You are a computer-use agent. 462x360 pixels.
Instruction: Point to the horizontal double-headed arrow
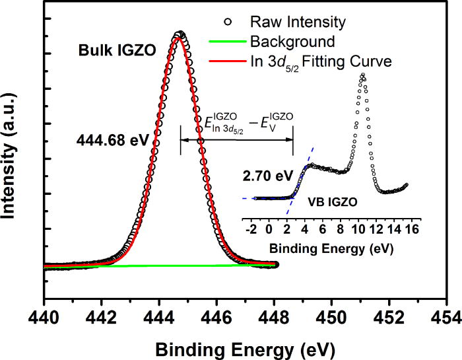point(237,139)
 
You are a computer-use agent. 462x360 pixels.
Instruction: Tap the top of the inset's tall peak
point(362,75)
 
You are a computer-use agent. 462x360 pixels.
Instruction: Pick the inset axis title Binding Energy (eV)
point(333,250)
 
